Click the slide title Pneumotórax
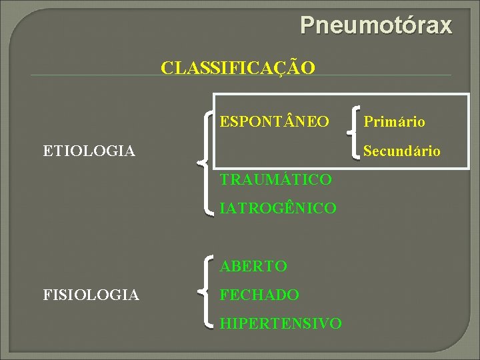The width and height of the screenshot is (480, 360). coord(375,25)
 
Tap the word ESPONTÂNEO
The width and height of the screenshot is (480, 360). coord(274,122)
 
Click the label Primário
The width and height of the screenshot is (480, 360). coord(394,122)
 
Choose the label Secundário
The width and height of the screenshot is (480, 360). coord(402,151)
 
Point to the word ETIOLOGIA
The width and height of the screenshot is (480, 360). coord(89,151)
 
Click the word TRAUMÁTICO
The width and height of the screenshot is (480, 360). coord(275,179)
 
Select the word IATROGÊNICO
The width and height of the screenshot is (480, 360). coord(278,209)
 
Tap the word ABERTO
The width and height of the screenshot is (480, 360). coord(253,267)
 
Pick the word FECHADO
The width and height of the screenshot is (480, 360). coord(259,295)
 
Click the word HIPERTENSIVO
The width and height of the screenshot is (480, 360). coord(281,324)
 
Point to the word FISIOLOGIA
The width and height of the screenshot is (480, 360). coord(91,295)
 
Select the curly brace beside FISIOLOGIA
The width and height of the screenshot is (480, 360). coord(208,293)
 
